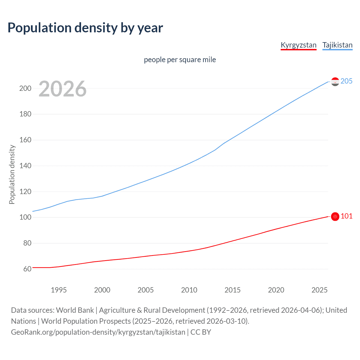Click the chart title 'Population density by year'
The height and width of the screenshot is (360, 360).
tap(85, 28)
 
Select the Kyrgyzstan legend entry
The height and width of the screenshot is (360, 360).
tap(298, 45)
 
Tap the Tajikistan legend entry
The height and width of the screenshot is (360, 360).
tap(337, 45)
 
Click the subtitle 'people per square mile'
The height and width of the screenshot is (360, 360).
tap(180, 60)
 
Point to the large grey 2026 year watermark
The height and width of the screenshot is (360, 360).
tap(62, 89)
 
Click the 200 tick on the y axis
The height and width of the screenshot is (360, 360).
tap(25, 88)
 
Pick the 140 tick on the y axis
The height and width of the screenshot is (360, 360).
tap(25, 166)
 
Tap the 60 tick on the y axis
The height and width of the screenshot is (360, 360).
tap(27, 269)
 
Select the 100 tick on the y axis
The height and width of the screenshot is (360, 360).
tap(25, 217)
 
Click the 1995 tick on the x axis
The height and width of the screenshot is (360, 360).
tap(58, 290)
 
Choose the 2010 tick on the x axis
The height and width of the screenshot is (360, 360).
tap(189, 290)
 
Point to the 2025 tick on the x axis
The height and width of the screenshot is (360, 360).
tap(319, 290)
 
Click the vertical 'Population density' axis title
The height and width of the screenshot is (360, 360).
tap(12, 174)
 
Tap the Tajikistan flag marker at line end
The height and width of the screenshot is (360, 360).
tap(335, 82)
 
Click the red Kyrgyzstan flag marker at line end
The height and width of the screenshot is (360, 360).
tap(335, 217)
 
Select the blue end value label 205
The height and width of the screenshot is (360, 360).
tap(346, 81)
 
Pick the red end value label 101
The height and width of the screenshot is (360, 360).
tap(346, 216)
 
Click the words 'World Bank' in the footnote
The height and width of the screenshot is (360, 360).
tap(75, 310)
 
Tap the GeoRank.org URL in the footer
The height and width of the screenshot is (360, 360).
tap(98, 332)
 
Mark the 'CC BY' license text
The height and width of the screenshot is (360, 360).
tap(201, 332)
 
